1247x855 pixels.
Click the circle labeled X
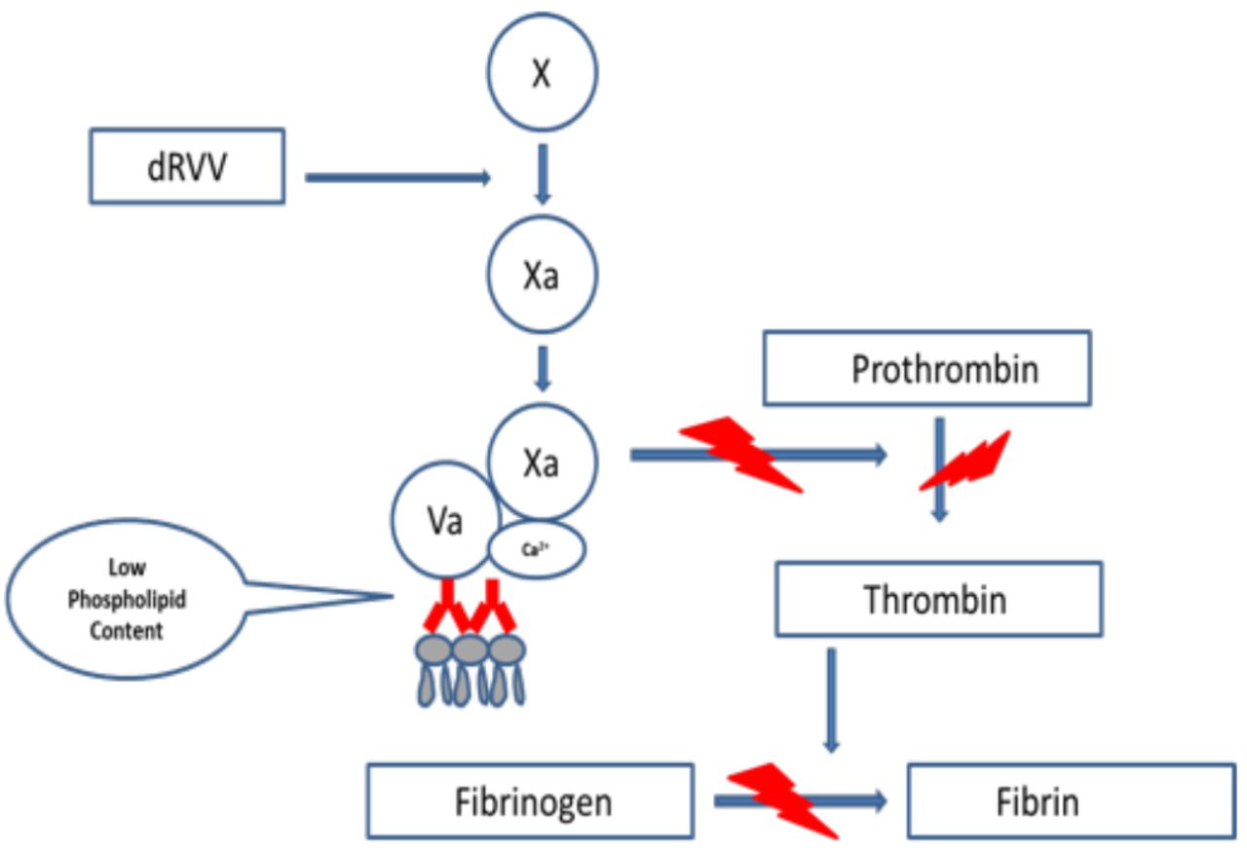pos(542,74)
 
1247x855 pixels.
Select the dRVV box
pos(187,166)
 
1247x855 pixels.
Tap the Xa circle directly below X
pos(542,277)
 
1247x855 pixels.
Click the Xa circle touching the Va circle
pos(542,462)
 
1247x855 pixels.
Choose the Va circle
pos(443,521)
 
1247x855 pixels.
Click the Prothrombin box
pos(926,368)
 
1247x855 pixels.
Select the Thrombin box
pos(938,599)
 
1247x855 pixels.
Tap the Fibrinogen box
pos(531,801)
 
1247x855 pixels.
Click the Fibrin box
pos(1071,801)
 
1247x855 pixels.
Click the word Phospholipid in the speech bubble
pos(127,600)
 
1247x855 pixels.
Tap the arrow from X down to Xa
pos(543,173)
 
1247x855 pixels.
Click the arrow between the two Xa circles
pos(543,368)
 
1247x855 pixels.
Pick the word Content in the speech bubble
pos(127,630)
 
